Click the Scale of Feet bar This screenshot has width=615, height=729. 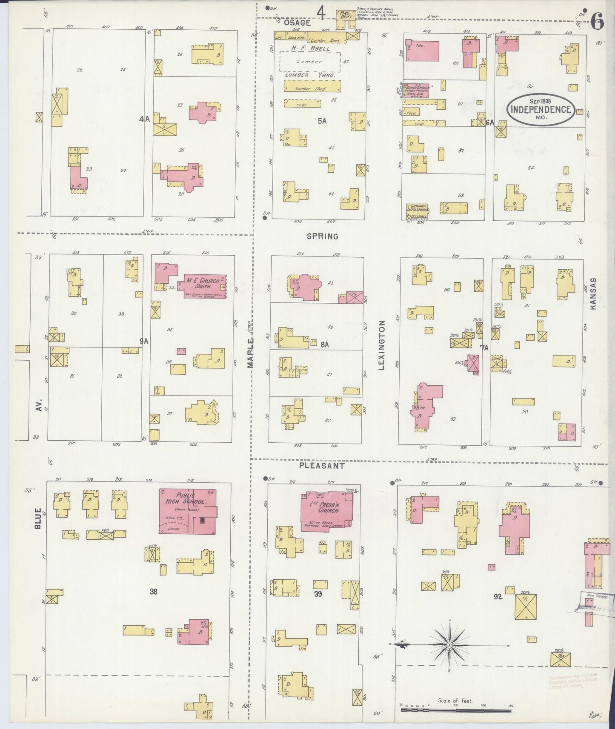click(x=455, y=710)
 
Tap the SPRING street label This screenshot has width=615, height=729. click(x=322, y=236)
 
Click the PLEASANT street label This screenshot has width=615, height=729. click(x=321, y=466)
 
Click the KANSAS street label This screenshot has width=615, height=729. click(x=594, y=293)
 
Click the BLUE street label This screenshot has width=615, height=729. click(x=38, y=518)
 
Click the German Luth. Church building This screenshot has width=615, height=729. click(x=416, y=209)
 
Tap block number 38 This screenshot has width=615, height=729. click(x=153, y=591)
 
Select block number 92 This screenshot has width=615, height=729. click(x=498, y=597)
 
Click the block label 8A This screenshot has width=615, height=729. click(x=325, y=345)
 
